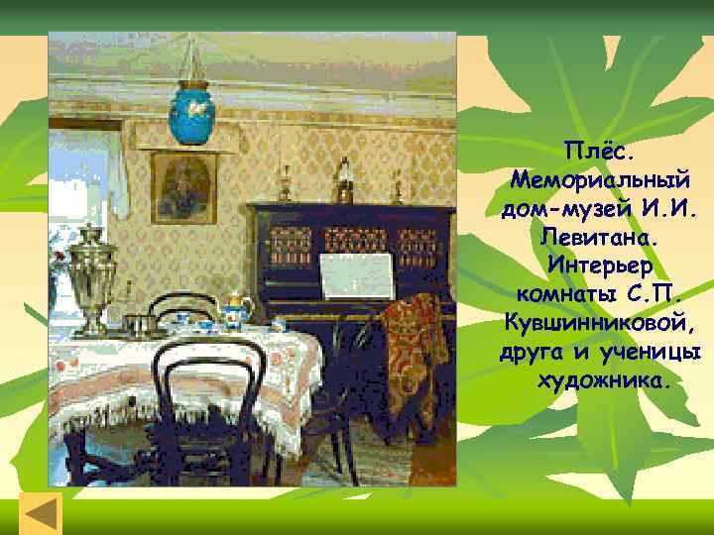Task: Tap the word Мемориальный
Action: [602, 183]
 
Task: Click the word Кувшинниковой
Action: [602, 324]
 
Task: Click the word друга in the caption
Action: [534, 353]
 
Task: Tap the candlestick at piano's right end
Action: [398, 185]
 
